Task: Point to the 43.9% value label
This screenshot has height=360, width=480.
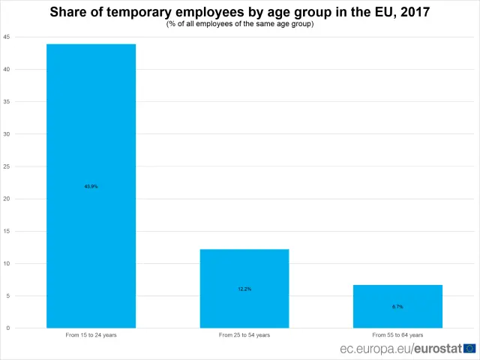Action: point(91,186)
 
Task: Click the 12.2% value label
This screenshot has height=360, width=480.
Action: point(244,289)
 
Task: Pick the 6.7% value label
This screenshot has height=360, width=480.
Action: point(397,307)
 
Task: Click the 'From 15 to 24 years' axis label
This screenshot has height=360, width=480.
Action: point(91,334)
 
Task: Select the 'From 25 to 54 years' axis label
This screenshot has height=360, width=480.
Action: point(244,334)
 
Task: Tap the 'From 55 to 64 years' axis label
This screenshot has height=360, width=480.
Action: point(397,334)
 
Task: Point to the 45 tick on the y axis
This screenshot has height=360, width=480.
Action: point(7,37)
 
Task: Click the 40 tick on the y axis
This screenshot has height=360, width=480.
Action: point(7,69)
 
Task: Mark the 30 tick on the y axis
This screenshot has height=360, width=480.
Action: point(7,133)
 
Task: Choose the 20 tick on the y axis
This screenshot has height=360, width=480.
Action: point(7,198)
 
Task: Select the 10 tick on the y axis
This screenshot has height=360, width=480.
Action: point(7,263)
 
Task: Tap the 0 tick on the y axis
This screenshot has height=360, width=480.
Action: point(8,328)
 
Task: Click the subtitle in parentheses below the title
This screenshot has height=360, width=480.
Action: point(239,24)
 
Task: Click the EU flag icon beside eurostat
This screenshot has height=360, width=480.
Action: point(470,348)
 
